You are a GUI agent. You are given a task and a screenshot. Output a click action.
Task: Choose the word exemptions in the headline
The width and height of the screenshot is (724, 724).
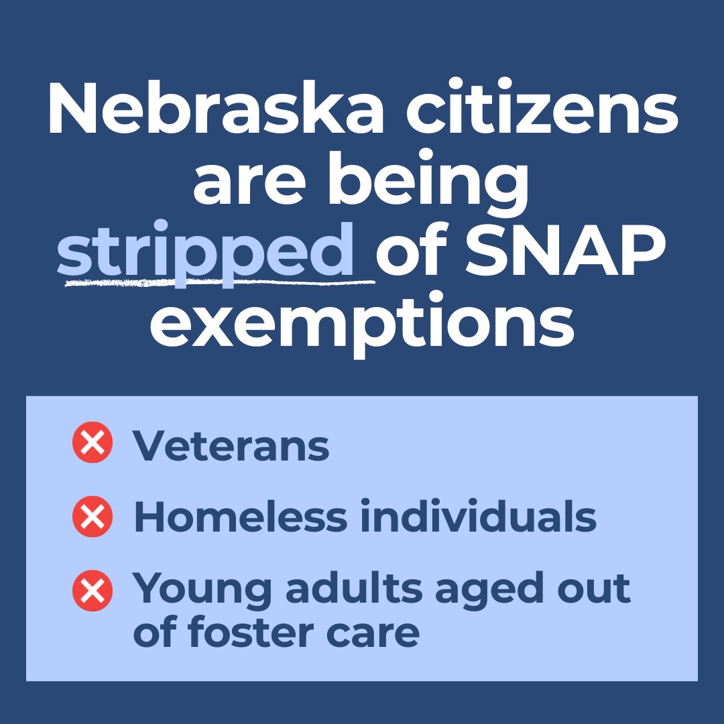[362, 324]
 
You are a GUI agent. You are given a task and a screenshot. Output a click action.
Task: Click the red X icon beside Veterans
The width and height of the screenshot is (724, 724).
[92, 444]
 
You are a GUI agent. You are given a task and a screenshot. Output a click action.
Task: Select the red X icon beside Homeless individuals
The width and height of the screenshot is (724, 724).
[92, 517]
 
